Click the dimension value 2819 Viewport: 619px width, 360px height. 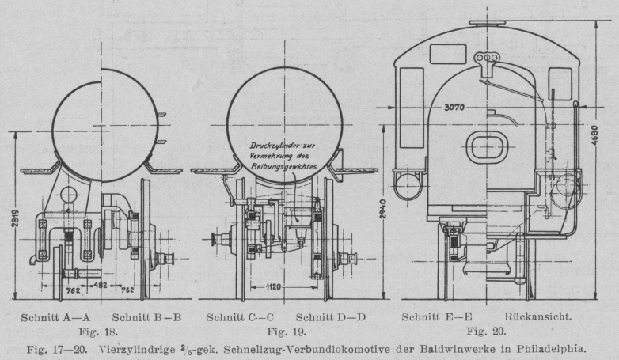click(16, 224)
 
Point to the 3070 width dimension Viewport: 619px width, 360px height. click(456, 107)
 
